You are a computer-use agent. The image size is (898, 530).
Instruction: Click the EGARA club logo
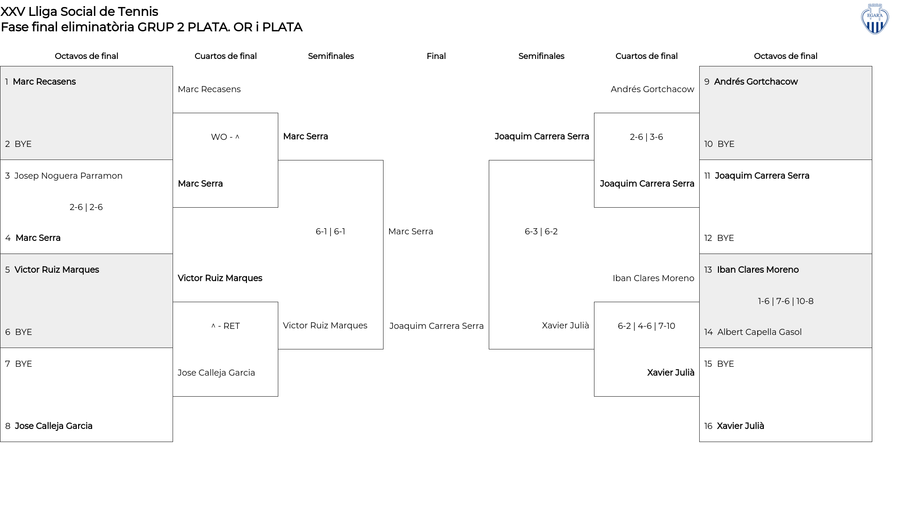[x=875, y=19]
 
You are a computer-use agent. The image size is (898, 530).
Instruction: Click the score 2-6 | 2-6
[x=86, y=207]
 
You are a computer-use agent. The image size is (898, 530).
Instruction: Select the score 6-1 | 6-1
[x=330, y=232]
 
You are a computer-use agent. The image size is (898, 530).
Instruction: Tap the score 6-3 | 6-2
[x=541, y=232]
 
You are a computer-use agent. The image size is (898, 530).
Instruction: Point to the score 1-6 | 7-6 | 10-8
[x=786, y=301]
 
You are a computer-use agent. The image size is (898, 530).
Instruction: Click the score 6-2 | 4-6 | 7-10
[x=646, y=326]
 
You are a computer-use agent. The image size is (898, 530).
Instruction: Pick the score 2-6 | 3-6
[x=646, y=137]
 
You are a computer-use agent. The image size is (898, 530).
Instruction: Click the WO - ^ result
[x=225, y=137]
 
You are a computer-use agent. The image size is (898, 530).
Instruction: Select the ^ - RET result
[x=225, y=326]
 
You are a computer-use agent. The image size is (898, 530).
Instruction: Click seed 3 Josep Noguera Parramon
[x=64, y=176]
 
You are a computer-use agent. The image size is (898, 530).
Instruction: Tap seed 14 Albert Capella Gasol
[x=753, y=332]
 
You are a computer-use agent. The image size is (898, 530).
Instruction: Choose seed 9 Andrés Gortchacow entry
[x=751, y=82]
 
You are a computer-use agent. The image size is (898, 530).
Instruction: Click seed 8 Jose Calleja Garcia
[x=49, y=426]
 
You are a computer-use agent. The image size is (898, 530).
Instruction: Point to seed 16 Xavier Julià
[x=734, y=426]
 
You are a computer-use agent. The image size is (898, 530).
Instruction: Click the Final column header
[x=436, y=56]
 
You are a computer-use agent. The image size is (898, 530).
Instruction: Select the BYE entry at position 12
[x=719, y=238]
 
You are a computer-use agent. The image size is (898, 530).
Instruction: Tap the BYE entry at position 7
[x=19, y=364]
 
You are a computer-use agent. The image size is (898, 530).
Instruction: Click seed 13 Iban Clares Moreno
[x=752, y=270]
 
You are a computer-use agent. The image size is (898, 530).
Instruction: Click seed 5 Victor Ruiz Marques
[x=52, y=270]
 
